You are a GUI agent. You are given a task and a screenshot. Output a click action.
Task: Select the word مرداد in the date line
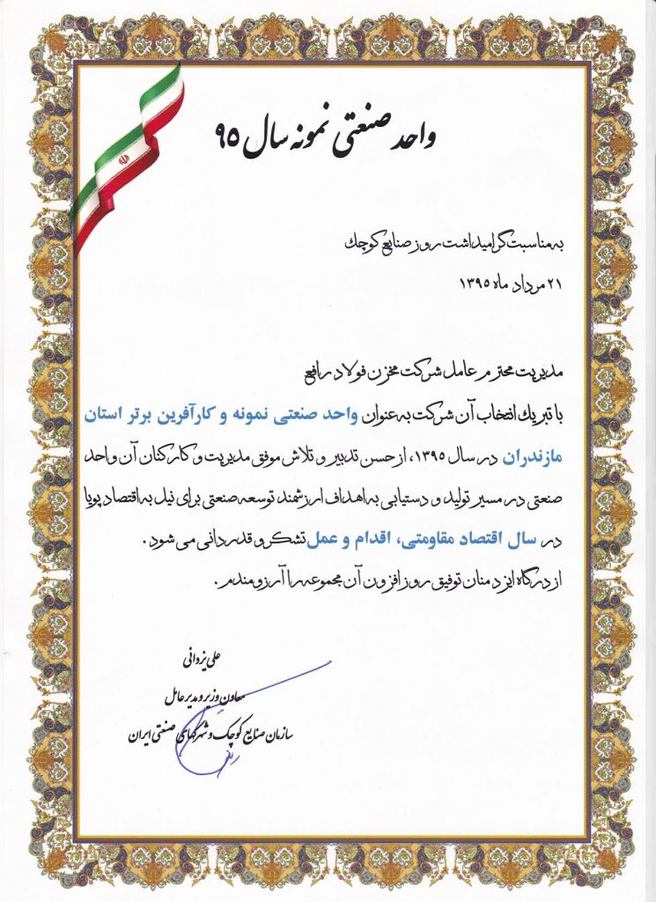[x=515, y=283]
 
